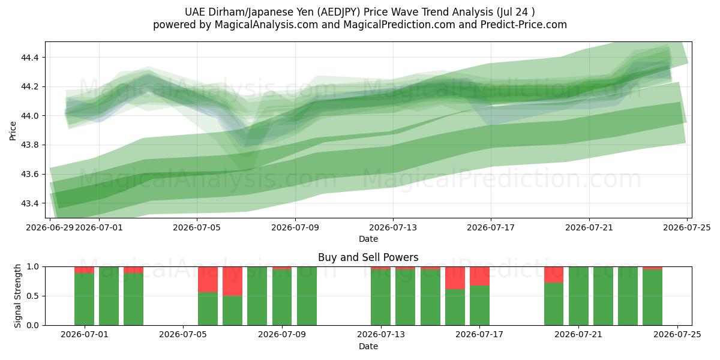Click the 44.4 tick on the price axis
[29, 58]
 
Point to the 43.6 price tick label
[29, 175]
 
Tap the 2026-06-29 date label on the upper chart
[50, 228]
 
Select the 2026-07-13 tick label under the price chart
[393, 228]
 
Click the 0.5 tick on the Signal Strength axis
[34, 296]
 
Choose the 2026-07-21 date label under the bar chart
[578, 335]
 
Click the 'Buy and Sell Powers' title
[368, 257]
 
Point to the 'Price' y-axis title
[13, 131]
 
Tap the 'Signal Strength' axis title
[17, 296]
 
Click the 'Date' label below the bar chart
[368, 347]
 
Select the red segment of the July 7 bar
[232, 281]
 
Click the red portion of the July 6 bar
[208, 280]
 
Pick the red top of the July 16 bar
[455, 278]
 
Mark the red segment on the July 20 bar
[554, 275]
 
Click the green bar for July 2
[109, 296]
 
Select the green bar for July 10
[307, 296]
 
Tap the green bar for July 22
[603, 296]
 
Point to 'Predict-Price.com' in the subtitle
[524, 25]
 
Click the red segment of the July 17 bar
[479, 276]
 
